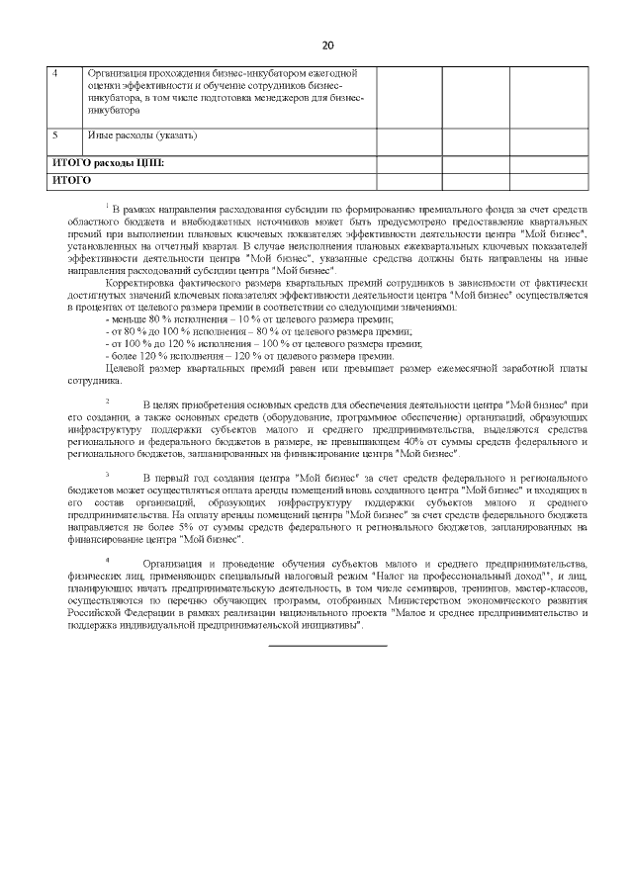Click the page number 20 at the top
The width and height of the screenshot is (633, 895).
pos(327,45)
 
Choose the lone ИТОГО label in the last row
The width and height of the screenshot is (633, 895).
pos(71,180)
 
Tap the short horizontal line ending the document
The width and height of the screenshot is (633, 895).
pos(327,645)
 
